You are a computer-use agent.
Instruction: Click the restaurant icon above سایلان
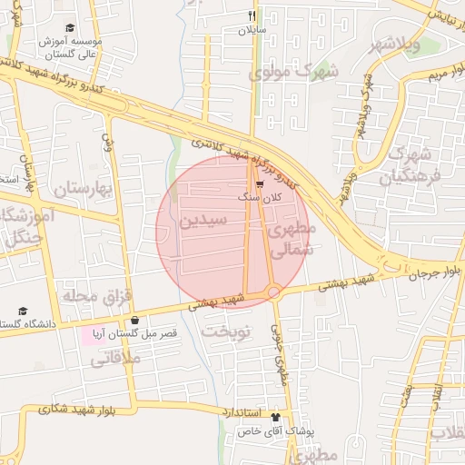point(252,15)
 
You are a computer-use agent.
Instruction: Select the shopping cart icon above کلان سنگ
point(260,183)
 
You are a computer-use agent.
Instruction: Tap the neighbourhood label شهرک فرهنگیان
point(414,163)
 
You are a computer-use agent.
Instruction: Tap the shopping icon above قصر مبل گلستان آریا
point(135,320)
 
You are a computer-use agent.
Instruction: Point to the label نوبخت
point(225,332)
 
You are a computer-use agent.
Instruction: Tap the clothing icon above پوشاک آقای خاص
point(275,417)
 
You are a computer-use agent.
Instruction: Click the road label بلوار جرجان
point(433,272)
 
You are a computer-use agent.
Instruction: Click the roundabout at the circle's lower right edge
point(272,292)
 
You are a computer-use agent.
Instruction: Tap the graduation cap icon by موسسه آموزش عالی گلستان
point(72,29)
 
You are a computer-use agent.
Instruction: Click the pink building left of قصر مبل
point(92,335)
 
